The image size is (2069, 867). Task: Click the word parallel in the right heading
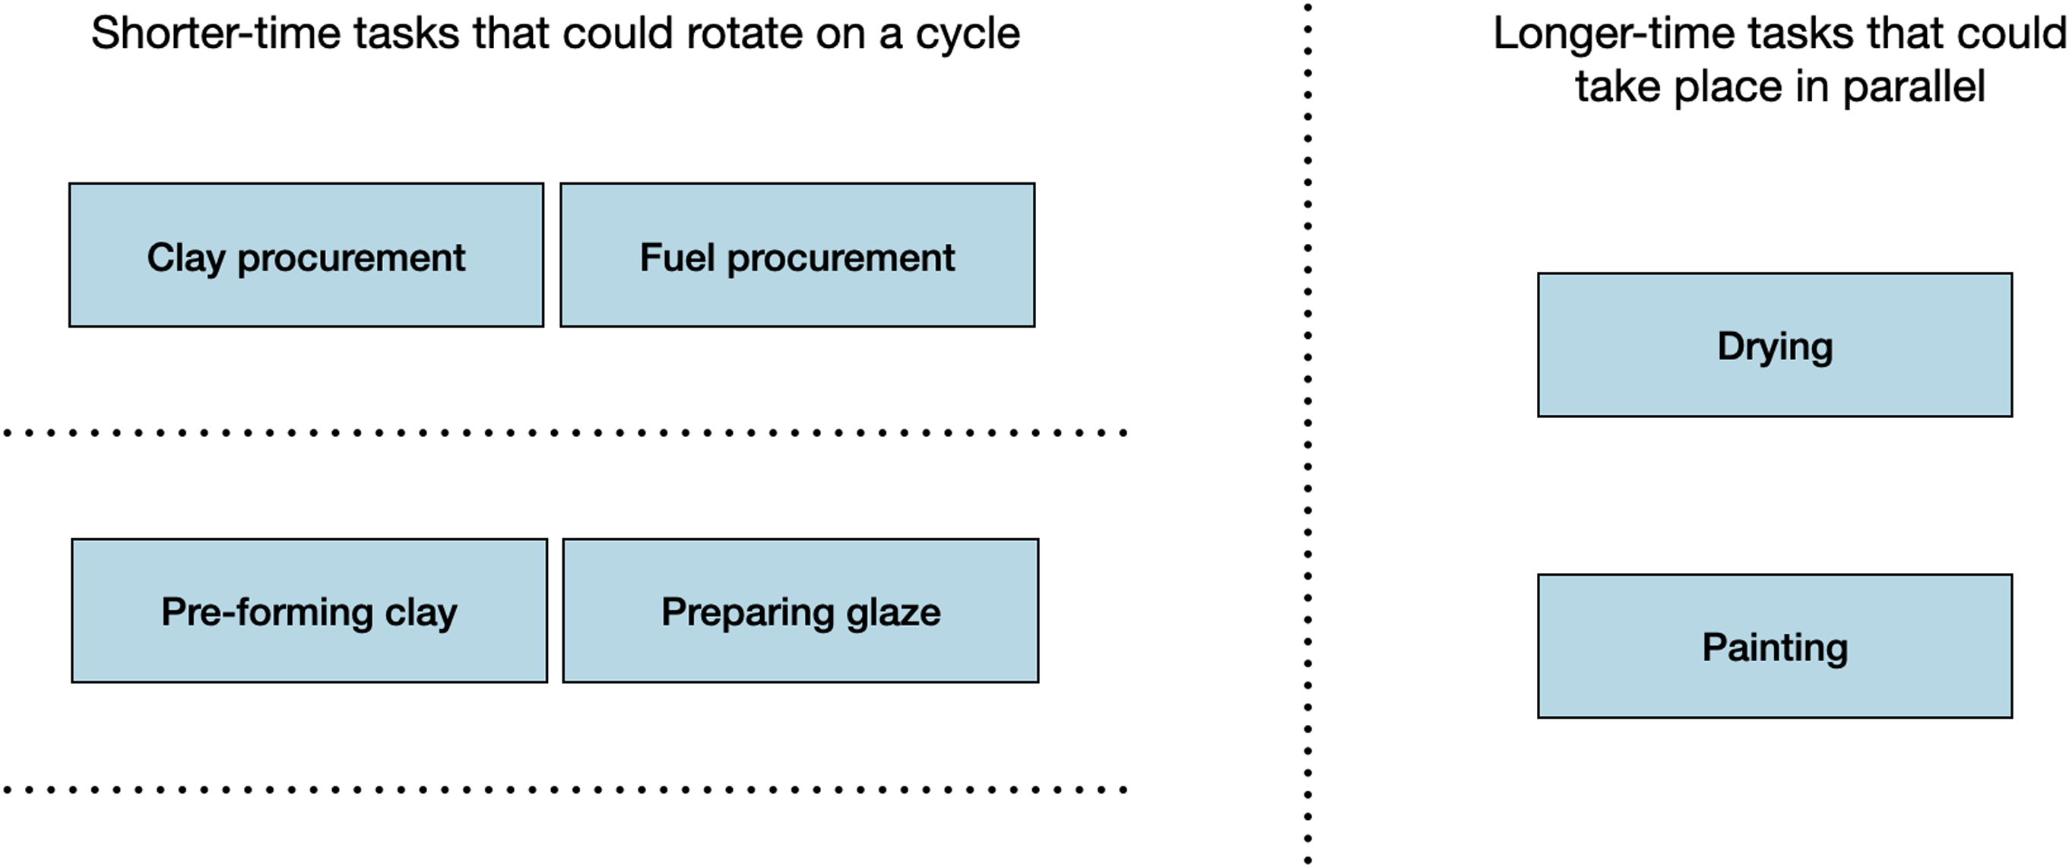tap(1913, 87)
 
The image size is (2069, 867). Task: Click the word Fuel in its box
tap(676, 257)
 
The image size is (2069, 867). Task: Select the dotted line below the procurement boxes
tap(562, 432)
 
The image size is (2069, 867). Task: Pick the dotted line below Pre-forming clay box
tap(562, 789)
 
